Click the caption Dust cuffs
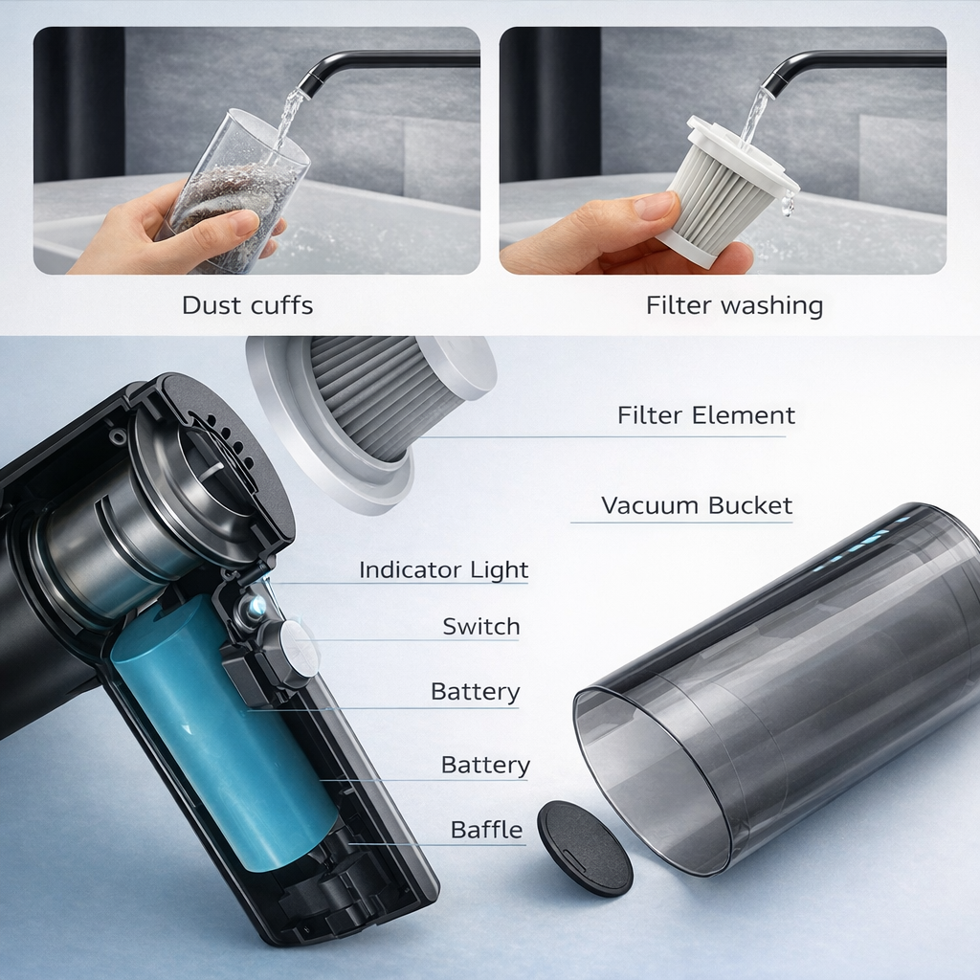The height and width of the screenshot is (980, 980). [247, 306]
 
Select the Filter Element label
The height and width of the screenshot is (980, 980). [705, 415]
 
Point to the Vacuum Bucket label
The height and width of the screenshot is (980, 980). [696, 505]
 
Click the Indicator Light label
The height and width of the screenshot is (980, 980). [443, 570]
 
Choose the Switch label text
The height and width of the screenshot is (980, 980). [480, 627]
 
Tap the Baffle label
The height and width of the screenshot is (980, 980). [486, 830]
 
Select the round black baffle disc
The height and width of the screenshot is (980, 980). [584, 847]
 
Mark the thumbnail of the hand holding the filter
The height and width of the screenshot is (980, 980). [723, 150]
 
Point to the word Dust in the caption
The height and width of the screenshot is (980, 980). [212, 306]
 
